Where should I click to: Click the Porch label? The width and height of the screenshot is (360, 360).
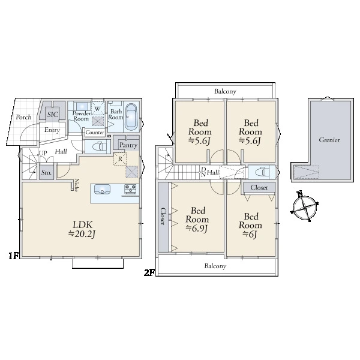pos(23,117)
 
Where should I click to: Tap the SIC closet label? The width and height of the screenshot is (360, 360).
pos(53,115)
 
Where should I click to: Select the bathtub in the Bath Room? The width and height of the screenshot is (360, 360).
pos(131,118)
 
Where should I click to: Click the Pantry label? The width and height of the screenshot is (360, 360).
pos(128,145)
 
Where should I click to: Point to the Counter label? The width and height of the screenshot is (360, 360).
pos(95,133)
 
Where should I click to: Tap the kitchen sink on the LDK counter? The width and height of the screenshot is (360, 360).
pos(102,190)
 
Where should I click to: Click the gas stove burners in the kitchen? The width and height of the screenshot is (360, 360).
pos(130,189)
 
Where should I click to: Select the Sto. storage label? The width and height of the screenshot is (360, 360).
pos(46,172)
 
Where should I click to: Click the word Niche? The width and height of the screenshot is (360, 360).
pos(76,185)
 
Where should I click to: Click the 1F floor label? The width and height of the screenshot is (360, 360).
pos(13,256)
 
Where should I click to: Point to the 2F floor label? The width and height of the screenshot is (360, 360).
pos(149,272)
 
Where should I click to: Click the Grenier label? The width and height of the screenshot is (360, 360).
pos(329,140)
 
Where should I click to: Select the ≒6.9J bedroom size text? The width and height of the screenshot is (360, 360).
pos(197,228)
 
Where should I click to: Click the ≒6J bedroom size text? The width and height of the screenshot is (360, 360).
pos(250,234)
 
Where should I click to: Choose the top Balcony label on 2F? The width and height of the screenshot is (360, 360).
pos(225,91)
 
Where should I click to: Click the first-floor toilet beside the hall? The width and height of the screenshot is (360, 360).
pos(101,146)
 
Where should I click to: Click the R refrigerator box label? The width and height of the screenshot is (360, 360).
pos(120,159)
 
